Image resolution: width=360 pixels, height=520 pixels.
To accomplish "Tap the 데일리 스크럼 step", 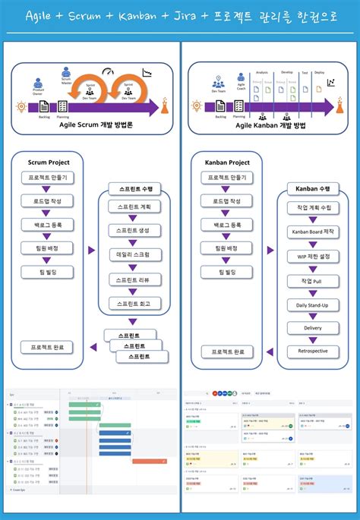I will pos(134,254).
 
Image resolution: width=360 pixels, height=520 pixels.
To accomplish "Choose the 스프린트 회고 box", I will pos(134,303).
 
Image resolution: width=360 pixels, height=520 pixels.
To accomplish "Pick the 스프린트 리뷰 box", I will pos(134,279).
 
